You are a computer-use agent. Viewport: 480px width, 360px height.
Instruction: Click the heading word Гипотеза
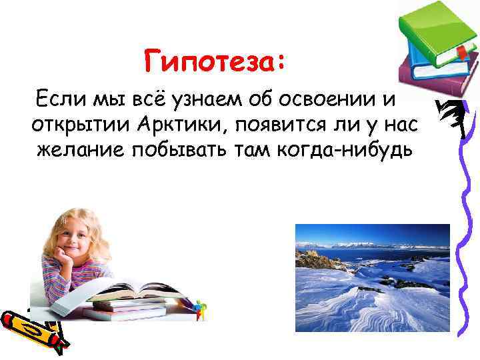pyautogui.click(x=213, y=64)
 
